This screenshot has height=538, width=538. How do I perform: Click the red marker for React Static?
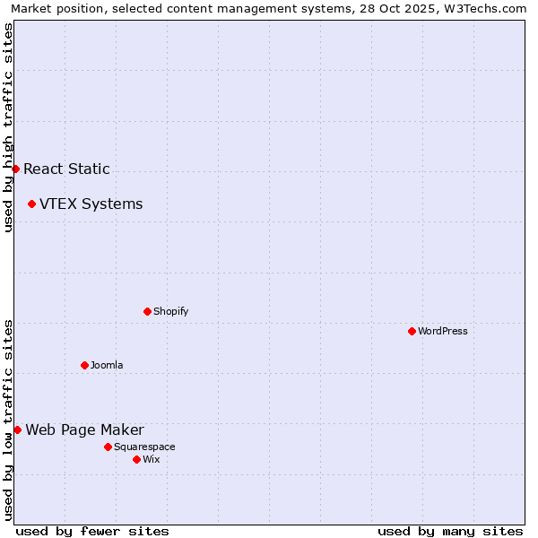(15, 169)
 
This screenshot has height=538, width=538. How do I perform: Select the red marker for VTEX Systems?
(31, 204)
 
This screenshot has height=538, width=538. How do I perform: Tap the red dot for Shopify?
(147, 311)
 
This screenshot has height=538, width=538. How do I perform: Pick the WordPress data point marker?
(412, 331)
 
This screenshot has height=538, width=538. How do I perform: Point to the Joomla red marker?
(84, 365)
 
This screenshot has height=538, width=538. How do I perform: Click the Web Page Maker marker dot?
(17, 430)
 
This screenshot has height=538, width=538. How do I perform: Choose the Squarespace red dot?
(108, 447)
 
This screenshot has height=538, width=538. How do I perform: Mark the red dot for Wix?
(136, 459)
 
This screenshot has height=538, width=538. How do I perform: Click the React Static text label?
(66, 169)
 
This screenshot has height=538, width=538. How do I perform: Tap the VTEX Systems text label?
(91, 204)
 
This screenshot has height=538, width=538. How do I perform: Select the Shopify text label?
(170, 311)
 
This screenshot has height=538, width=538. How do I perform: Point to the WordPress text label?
(442, 331)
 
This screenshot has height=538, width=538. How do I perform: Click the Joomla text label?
(107, 365)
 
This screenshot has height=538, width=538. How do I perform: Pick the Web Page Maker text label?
(84, 430)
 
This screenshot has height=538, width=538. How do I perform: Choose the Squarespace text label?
(144, 447)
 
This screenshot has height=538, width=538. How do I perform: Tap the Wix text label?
(151, 459)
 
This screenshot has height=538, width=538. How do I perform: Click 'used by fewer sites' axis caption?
(92, 531)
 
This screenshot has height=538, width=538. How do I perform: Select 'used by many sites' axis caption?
(450, 531)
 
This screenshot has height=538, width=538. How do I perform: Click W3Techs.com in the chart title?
(490, 8)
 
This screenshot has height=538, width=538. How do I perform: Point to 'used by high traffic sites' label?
(8, 127)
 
